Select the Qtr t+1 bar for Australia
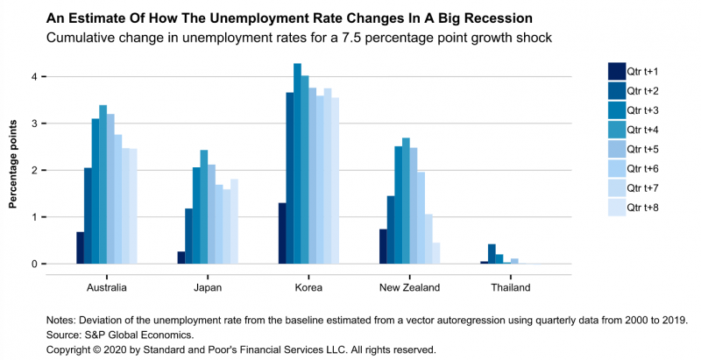pos(80,248)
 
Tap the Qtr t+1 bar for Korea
pos(282,234)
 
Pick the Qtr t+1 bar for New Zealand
pos(383,246)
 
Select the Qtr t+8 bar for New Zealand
pos(436,253)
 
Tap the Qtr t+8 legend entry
pos(646,208)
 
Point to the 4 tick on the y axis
pos(34,77)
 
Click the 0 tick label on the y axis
pos(34,264)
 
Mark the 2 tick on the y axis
pos(34,171)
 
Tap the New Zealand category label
pos(410,286)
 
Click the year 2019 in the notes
pos(673,319)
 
